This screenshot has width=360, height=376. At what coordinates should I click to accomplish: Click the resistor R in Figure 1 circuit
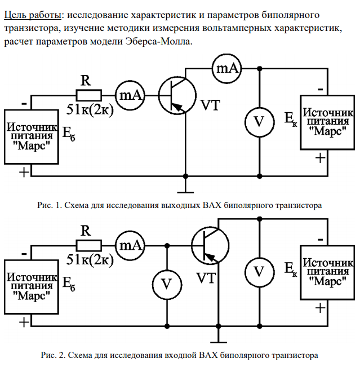[x=88, y=95]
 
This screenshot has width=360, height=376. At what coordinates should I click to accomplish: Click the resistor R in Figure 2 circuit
[x=88, y=245]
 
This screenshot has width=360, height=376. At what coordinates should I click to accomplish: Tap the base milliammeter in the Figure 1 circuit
[x=130, y=95]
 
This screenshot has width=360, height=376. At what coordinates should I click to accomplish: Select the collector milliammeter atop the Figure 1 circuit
[x=226, y=68]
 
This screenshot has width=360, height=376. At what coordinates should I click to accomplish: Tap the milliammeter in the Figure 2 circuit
[x=130, y=245]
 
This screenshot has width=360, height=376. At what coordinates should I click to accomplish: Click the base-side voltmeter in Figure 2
[x=167, y=284]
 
